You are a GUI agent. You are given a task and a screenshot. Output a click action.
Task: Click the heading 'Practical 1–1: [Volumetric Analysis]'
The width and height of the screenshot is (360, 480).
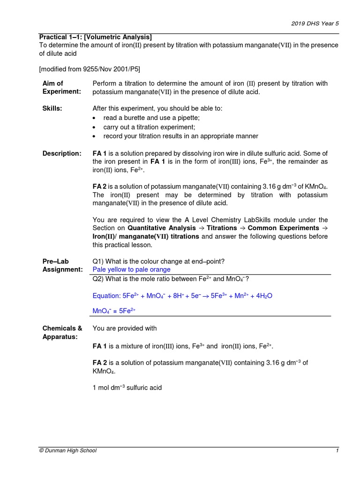click(x=95, y=37)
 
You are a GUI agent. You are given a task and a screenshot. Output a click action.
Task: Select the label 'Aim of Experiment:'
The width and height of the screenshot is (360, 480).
click(x=61, y=88)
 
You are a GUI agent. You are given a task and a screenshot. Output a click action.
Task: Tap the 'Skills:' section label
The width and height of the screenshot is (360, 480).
click(x=52, y=108)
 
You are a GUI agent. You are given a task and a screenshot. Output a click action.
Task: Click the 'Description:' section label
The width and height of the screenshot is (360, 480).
click(x=61, y=153)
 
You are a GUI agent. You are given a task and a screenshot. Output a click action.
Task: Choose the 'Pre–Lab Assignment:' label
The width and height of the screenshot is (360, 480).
click(x=62, y=265)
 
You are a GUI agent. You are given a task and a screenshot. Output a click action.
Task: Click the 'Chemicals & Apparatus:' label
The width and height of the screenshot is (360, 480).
click(x=62, y=332)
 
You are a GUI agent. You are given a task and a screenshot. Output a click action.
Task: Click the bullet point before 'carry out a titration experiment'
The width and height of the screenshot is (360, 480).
click(x=95, y=127)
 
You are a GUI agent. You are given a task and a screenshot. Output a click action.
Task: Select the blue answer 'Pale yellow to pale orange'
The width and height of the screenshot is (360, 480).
click(x=131, y=270)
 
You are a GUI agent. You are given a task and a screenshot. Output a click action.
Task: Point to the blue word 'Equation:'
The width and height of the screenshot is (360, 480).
click(x=106, y=296)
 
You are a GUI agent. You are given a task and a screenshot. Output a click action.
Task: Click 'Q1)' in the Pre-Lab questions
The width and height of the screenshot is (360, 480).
click(x=98, y=261)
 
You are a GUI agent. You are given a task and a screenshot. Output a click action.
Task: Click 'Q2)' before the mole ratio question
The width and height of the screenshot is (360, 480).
click(x=98, y=279)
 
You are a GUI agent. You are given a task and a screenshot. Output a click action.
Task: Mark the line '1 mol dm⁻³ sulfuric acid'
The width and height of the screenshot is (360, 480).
click(x=127, y=388)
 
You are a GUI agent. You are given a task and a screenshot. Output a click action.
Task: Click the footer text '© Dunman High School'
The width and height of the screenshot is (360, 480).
click(x=67, y=450)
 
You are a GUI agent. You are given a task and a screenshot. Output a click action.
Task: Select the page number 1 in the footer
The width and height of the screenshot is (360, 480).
click(x=337, y=450)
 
